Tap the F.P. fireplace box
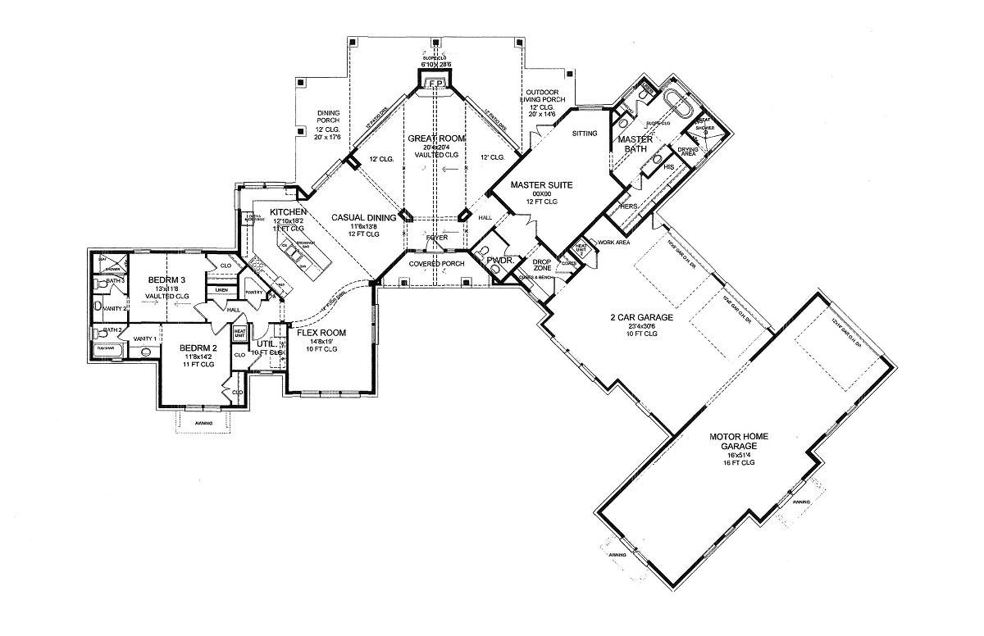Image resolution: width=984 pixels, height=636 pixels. (436, 84)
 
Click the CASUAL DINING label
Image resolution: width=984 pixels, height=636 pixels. (364, 217)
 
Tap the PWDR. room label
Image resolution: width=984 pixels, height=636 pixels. (499, 261)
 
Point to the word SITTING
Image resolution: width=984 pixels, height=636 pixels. (585, 133)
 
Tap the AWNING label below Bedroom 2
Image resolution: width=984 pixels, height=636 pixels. (204, 423)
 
